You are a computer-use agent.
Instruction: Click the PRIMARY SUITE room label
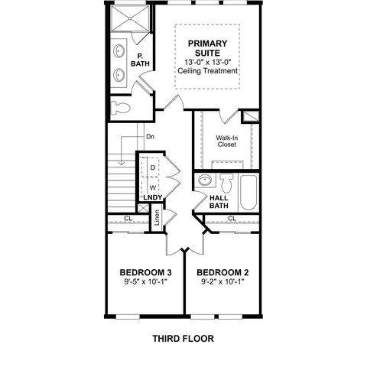[207, 48]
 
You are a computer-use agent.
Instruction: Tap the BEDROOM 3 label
[145, 272]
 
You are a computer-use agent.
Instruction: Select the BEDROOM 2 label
[222, 272]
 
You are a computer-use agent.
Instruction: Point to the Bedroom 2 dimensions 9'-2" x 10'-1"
[222, 281]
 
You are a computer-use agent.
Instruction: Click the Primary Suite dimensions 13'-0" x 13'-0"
[207, 62]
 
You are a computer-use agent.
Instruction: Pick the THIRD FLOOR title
[183, 339]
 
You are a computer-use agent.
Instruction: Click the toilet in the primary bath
[121, 108]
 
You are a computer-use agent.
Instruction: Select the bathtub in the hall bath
[248, 193]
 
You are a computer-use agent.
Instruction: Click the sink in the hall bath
[205, 180]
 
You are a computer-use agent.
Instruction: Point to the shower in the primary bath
[130, 18]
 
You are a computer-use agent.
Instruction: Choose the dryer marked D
[153, 167]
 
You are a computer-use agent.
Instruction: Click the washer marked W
[153, 187]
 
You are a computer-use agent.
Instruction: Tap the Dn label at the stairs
[151, 137]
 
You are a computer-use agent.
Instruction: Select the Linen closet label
[157, 217]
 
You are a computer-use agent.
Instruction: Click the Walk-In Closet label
[227, 141]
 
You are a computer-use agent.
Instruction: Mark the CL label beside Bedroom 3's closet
[128, 219]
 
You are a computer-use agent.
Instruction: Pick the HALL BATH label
[219, 202]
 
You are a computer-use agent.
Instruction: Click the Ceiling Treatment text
[207, 70]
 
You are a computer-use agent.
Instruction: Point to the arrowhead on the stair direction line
[122, 163]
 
